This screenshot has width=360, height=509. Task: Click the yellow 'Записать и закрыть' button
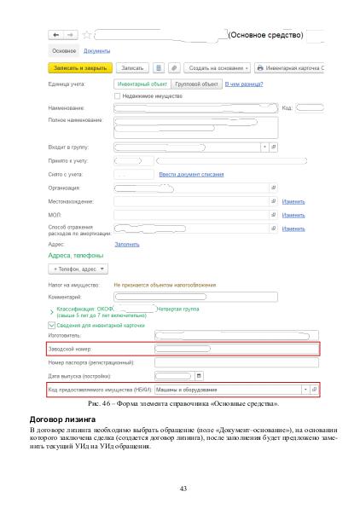(79, 66)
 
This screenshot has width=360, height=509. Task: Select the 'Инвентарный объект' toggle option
(142, 84)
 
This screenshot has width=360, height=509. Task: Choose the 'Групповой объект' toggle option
(195, 84)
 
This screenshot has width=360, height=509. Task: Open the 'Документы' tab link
(96, 51)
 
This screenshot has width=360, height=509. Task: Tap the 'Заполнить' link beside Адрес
(127, 244)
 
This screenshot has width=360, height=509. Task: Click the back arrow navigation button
(56, 36)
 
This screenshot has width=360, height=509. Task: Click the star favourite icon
(86, 36)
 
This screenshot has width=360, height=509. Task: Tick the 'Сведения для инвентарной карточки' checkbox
(51, 325)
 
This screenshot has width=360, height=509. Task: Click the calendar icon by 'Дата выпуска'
(199, 375)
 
